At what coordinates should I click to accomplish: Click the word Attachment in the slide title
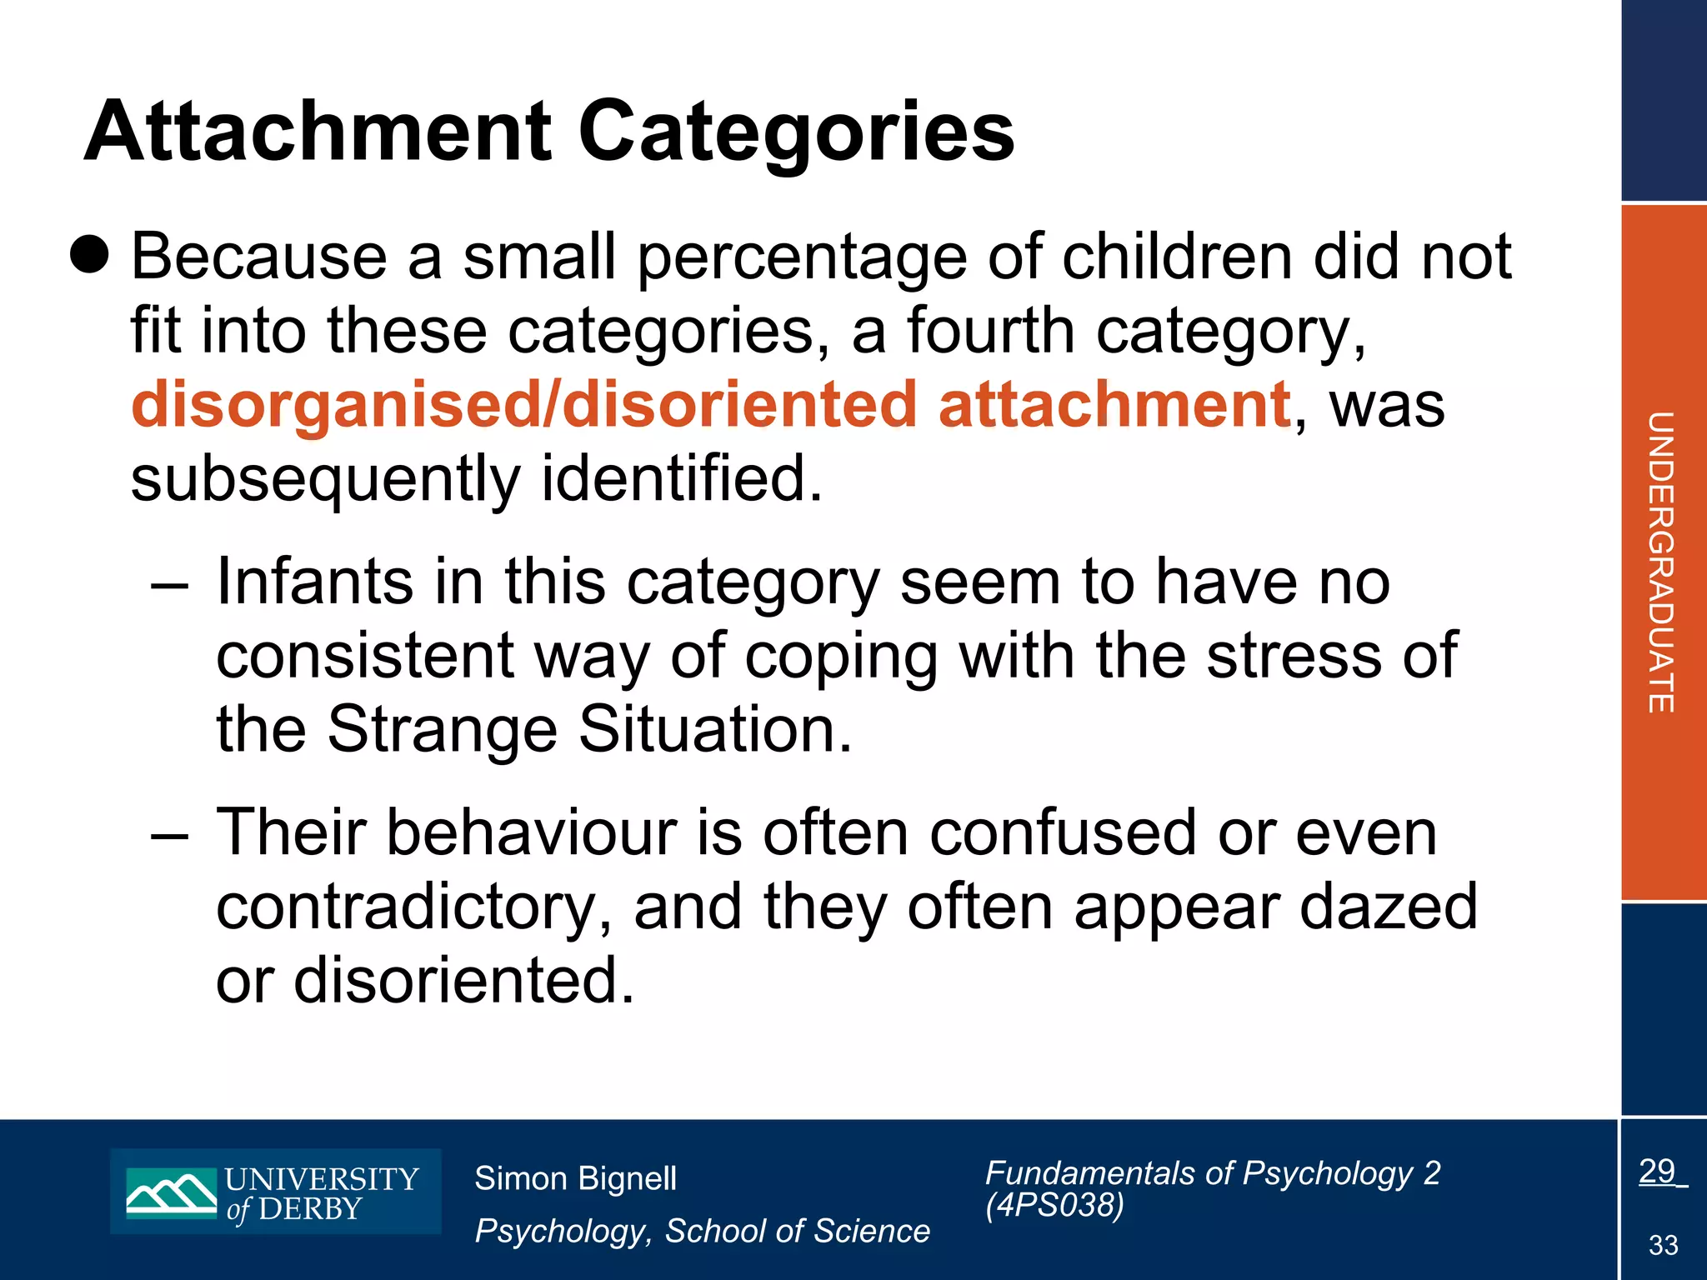tap(318, 132)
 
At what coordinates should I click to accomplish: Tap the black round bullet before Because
tap(89, 253)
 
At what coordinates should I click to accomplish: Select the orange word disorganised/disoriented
tap(524, 405)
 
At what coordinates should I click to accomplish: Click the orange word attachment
tap(1114, 405)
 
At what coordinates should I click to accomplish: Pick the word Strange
tap(442, 730)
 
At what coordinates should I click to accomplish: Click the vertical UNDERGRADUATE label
tap(1661, 562)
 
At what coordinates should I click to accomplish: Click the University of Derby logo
tap(276, 1191)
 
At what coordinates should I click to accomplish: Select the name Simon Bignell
tap(575, 1178)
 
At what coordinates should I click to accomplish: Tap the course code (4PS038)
tap(1054, 1205)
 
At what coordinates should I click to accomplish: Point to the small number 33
tap(1663, 1245)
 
